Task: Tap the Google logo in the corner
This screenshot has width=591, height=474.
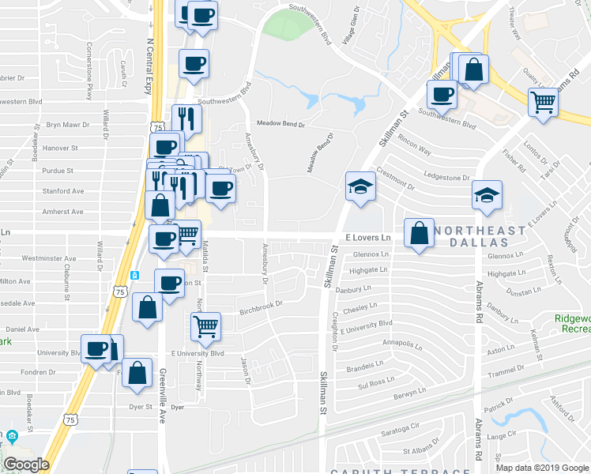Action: pyautogui.click(x=26, y=465)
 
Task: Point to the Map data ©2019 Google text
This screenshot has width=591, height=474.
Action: pyautogui.click(x=541, y=468)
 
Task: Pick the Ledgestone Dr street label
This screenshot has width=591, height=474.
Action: pyautogui.click(x=446, y=178)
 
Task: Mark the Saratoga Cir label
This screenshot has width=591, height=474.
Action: pyautogui.click(x=397, y=427)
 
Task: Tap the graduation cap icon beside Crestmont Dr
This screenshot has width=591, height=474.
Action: pyautogui.click(x=360, y=187)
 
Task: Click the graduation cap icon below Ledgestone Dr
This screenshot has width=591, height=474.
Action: pyautogui.click(x=487, y=194)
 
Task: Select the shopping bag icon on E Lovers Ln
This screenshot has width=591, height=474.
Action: pyautogui.click(x=419, y=234)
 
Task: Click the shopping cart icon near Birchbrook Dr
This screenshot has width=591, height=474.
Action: pyautogui.click(x=205, y=325)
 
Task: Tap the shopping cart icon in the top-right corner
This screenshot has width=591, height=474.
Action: pyautogui.click(x=543, y=103)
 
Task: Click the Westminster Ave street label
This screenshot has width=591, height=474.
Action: pyautogui.click(x=49, y=258)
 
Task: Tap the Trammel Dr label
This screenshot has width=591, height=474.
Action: pyautogui.click(x=506, y=372)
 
